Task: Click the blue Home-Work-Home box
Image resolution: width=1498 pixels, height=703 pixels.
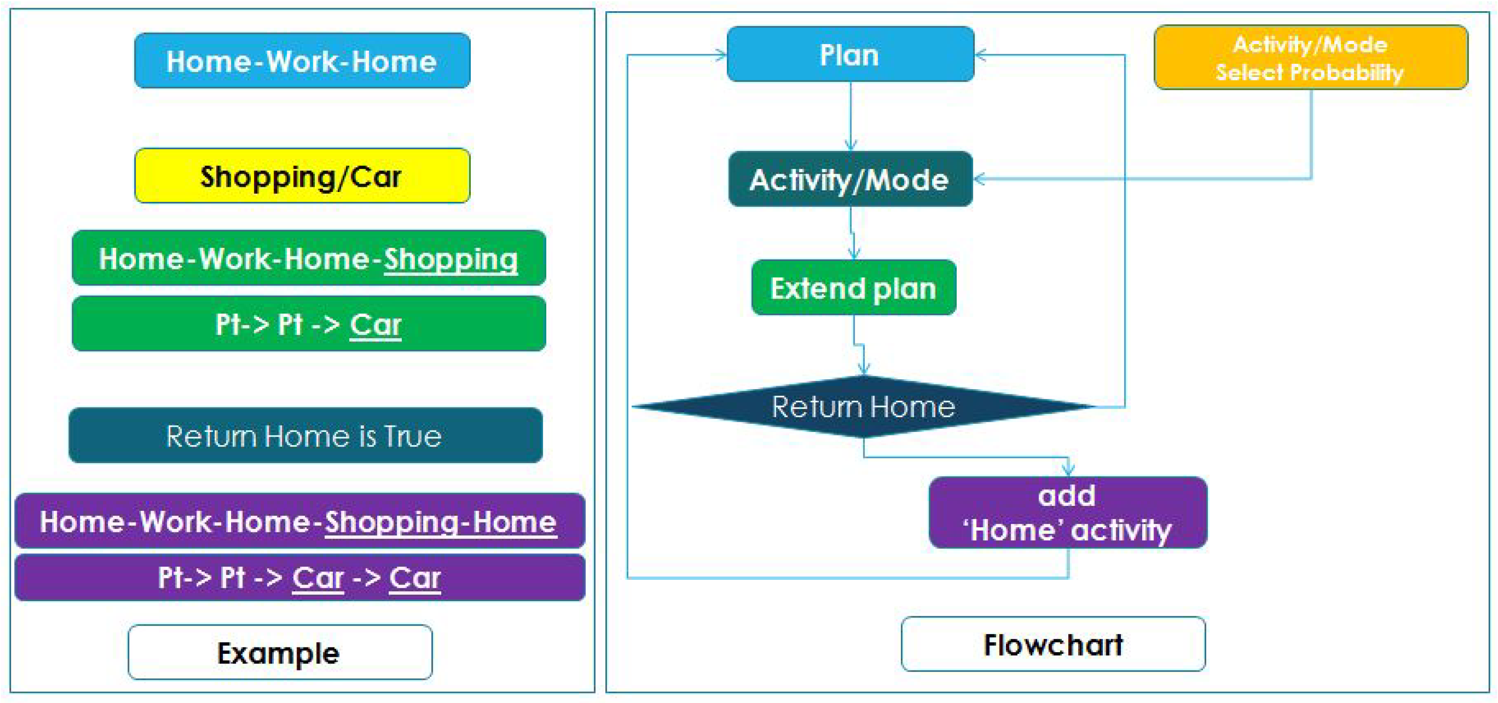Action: tap(302, 61)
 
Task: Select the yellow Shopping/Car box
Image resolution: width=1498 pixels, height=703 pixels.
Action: tap(302, 176)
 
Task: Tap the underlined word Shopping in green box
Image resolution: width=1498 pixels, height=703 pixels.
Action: tap(450, 259)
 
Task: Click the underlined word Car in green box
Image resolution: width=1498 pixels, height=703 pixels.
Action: tap(375, 325)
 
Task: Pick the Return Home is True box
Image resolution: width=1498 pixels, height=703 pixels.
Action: tap(305, 435)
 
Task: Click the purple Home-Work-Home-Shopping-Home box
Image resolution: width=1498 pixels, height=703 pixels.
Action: tap(299, 521)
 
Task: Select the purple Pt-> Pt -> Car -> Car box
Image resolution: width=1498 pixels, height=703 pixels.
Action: tap(299, 577)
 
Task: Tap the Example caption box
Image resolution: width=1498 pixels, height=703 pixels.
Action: tap(280, 653)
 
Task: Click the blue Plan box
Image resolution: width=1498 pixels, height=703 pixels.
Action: tap(850, 54)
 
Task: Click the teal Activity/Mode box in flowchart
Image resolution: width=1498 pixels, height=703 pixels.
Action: tap(850, 179)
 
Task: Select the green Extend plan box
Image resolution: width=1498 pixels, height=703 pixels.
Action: tap(853, 287)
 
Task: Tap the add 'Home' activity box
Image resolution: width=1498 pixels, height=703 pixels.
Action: tap(1068, 513)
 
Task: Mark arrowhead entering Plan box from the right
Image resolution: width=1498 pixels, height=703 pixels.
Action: tap(980, 55)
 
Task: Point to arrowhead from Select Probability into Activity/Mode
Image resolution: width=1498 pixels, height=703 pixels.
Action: tap(979, 179)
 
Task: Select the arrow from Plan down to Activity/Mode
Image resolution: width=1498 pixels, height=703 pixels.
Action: tap(851, 116)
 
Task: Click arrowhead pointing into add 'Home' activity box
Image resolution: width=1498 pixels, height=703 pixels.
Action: tap(1068, 469)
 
